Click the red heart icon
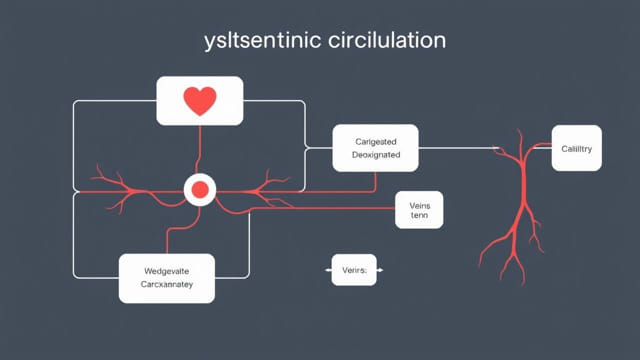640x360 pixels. (199, 101)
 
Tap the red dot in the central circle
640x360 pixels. (199, 188)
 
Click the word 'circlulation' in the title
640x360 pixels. (381, 43)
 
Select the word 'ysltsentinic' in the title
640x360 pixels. (254, 43)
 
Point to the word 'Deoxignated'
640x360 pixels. (376, 156)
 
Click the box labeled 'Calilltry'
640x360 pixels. (575, 148)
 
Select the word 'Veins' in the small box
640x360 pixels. (418, 202)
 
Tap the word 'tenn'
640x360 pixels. (418, 216)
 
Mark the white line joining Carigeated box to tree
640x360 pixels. (460, 148)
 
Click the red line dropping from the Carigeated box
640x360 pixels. (376, 181)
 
